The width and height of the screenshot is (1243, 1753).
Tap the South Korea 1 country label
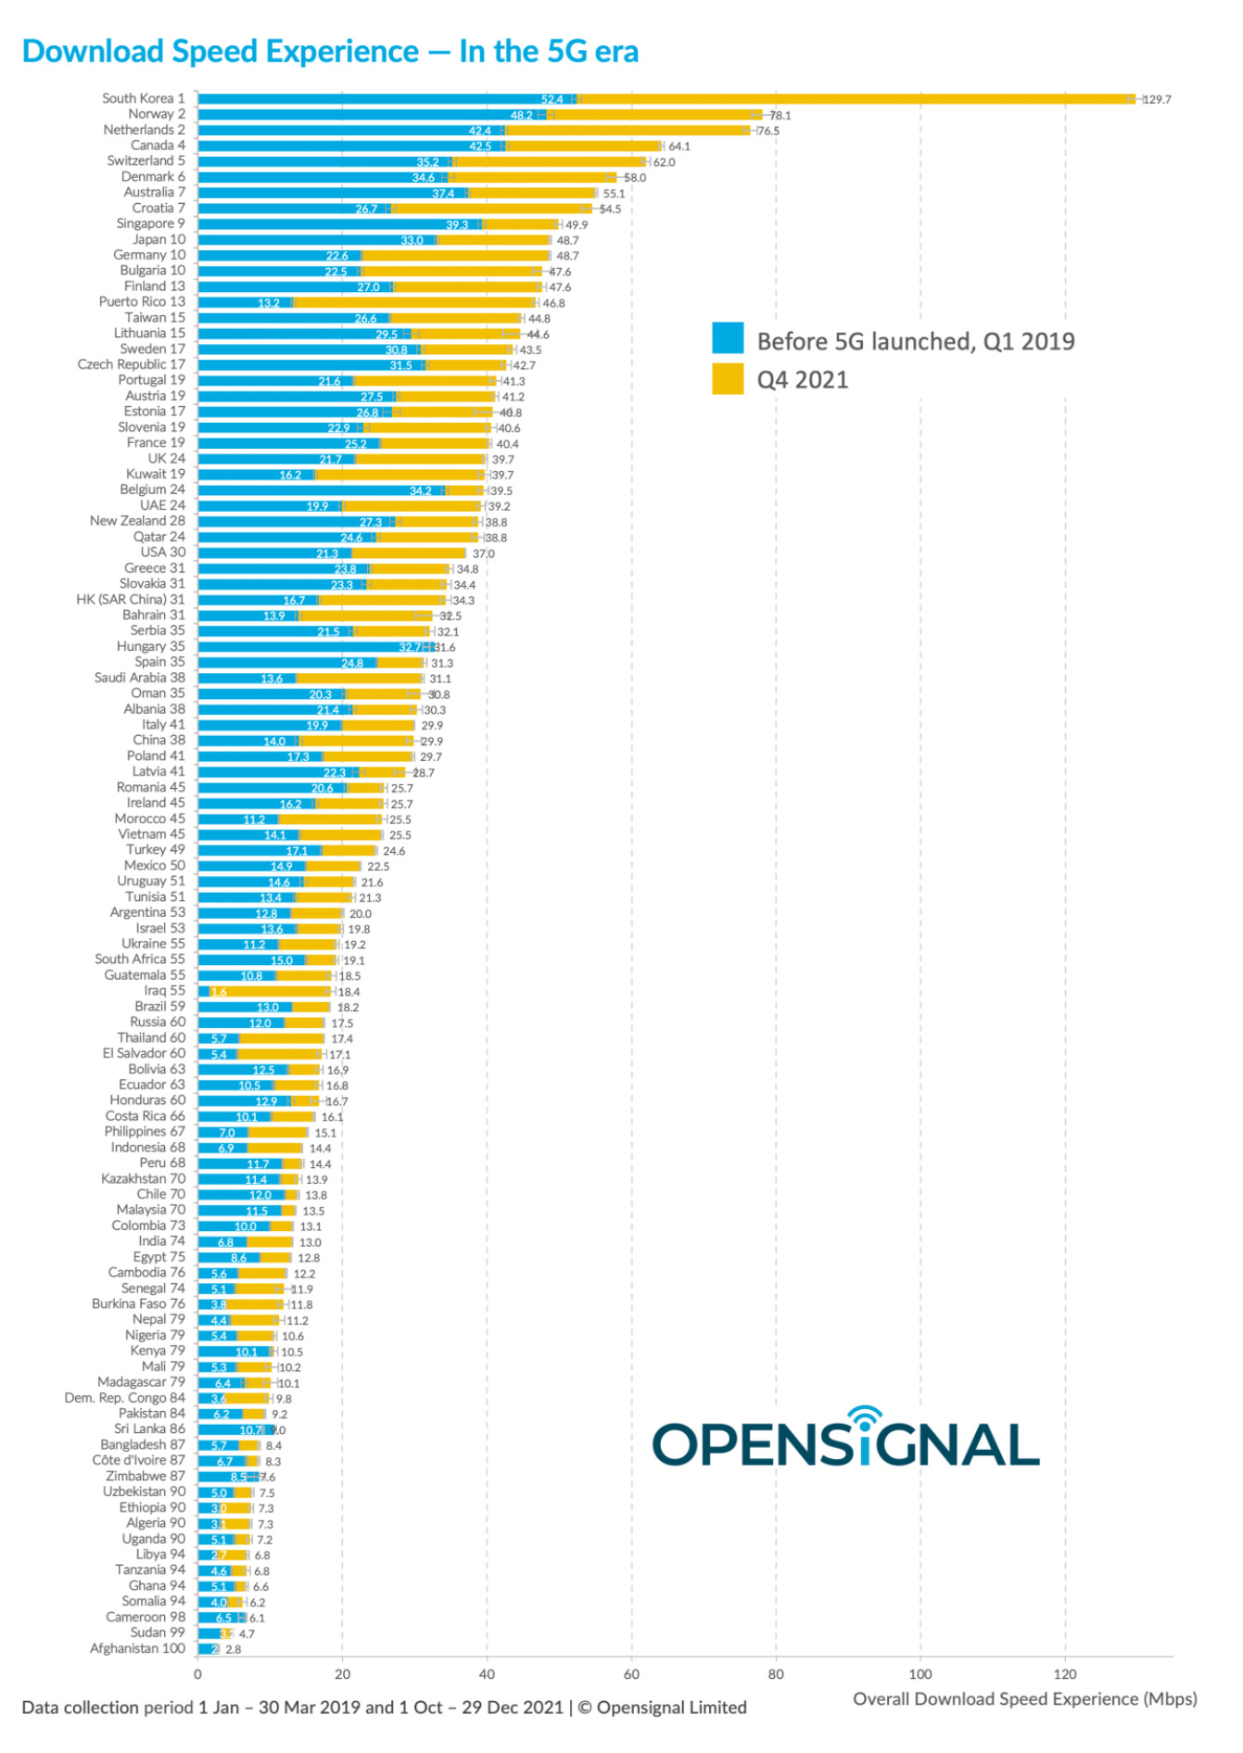click(x=143, y=98)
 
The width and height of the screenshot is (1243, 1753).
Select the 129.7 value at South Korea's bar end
click(x=1157, y=99)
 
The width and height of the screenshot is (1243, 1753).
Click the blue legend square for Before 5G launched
click(x=728, y=338)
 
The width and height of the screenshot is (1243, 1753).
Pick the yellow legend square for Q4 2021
click(x=728, y=379)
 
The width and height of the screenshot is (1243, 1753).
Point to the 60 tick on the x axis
click(x=631, y=1674)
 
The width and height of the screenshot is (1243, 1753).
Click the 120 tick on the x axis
click(x=1065, y=1674)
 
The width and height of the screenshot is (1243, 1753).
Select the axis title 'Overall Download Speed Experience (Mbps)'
click(x=1024, y=1698)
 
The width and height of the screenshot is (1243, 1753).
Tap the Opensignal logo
click(x=845, y=1440)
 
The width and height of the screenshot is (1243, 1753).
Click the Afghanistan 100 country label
click(x=137, y=1648)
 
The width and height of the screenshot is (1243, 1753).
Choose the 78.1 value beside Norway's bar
click(x=780, y=115)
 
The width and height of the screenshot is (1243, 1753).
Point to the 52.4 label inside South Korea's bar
click(x=552, y=99)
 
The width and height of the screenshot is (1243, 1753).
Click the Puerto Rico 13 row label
click(x=142, y=301)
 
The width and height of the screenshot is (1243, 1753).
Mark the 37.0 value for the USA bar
click(x=483, y=553)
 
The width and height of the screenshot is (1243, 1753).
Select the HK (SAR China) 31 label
click(x=131, y=599)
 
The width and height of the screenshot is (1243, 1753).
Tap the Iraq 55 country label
click(x=164, y=990)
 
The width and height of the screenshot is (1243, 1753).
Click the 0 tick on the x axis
click(x=197, y=1674)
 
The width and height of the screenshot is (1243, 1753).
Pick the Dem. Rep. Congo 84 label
click(x=124, y=1398)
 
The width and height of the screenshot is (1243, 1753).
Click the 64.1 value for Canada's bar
click(x=679, y=146)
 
